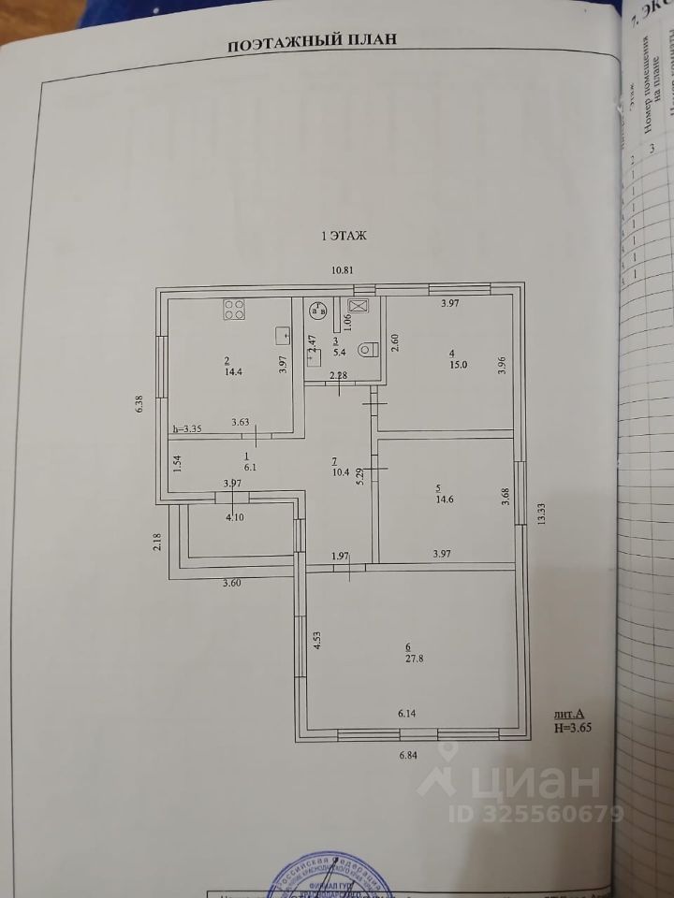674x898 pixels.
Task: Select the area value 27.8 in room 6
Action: click(x=407, y=659)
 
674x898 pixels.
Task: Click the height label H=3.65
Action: click(x=573, y=725)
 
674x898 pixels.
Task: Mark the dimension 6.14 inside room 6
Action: click(x=407, y=714)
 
